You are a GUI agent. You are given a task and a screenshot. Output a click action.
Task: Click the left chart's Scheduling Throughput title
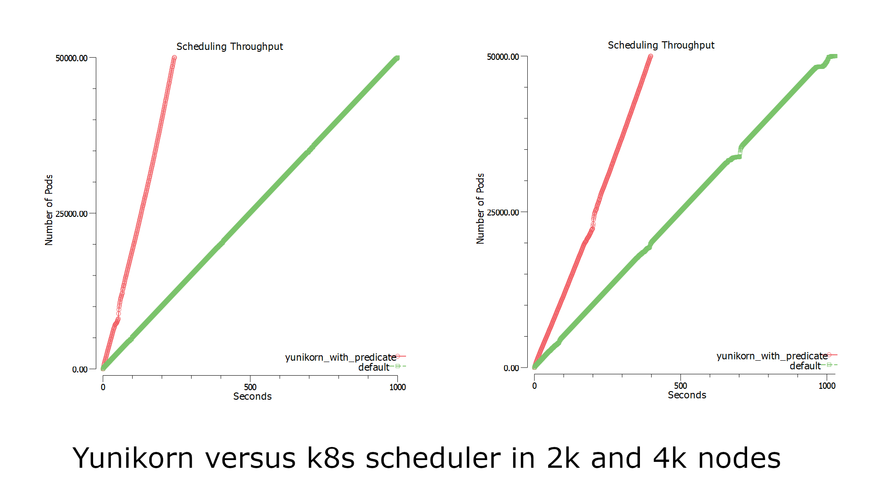(x=229, y=46)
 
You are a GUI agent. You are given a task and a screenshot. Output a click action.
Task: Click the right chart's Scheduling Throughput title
(x=661, y=45)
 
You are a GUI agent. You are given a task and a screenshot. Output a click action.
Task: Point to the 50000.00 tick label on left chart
(x=71, y=58)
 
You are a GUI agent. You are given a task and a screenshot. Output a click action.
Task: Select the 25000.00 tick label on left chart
(x=71, y=214)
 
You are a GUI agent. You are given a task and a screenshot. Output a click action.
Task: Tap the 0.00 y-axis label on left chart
(x=79, y=369)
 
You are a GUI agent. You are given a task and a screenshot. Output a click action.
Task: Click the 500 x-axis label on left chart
(x=250, y=387)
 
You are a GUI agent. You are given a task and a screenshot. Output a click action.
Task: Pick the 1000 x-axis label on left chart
(x=397, y=387)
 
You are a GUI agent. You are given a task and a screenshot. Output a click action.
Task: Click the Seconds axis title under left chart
(x=252, y=397)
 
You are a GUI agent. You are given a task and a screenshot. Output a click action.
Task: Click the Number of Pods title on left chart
(x=49, y=210)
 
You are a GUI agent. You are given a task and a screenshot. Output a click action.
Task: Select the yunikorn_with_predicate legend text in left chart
(x=340, y=358)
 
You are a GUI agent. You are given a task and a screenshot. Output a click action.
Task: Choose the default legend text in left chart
(x=373, y=367)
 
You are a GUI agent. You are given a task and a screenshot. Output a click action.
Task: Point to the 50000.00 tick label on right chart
(x=503, y=57)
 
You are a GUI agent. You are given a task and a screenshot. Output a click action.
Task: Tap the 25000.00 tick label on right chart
(x=503, y=212)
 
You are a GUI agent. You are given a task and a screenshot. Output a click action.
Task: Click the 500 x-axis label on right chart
(x=680, y=386)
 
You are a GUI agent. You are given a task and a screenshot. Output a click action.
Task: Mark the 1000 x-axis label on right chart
(x=827, y=386)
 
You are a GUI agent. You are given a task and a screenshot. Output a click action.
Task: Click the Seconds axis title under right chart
(x=687, y=395)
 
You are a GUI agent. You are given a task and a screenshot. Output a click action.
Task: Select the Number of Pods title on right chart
(x=481, y=209)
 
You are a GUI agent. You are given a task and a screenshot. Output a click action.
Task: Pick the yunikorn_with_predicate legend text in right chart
(x=772, y=356)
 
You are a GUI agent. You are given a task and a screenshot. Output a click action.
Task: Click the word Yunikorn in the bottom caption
(x=133, y=458)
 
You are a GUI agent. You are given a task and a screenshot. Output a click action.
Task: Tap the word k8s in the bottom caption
(x=330, y=458)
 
